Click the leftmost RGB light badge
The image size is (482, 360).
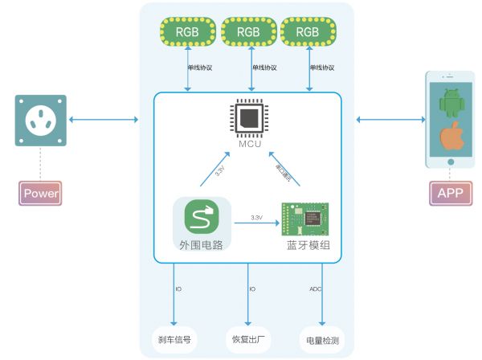(187, 32)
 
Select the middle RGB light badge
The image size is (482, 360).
(248, 32)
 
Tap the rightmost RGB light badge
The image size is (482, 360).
(309, 32)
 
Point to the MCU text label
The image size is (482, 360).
(249, 144)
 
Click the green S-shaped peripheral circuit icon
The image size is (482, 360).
(202, 217)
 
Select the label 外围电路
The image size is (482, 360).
(202, 243)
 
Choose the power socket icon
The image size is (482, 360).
(40, 121)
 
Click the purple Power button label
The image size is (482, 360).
(41, 193)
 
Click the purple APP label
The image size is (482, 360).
(450, 193)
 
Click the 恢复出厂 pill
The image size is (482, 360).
(250, 339)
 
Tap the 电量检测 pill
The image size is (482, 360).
(323, 339)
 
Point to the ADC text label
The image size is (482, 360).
(315, 288)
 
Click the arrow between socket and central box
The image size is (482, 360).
(104, 121)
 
